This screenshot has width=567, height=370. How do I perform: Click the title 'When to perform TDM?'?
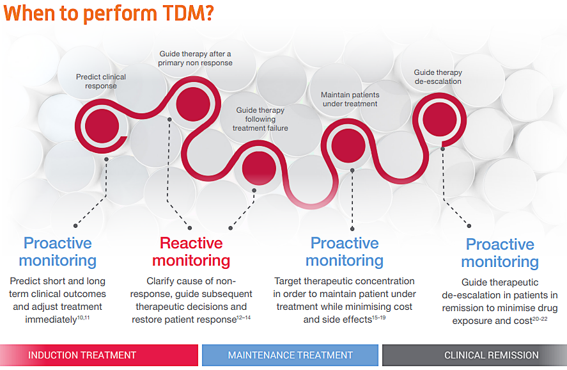[x=109, y=13]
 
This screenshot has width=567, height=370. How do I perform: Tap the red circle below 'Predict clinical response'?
[x=102, y=126]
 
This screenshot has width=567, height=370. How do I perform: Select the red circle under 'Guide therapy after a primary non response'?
[x=193, y=104]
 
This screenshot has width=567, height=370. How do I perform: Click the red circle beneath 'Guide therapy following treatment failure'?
[x=259, y=169]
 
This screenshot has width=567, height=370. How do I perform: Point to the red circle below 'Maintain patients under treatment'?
[x=348, y=146]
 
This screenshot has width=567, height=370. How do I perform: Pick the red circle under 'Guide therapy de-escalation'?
[x=440, y=120]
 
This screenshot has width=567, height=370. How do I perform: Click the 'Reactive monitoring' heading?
[x=191, y=252]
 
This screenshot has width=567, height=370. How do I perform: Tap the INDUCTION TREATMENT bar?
[x=99, y=355]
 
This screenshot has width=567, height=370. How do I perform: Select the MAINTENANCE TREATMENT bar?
[x=290, y=355]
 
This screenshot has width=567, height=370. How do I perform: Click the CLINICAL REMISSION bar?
[x=474, y=355]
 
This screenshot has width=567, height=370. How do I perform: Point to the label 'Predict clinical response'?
[x=101, y=81]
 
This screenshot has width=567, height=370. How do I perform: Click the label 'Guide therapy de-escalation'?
[x=438, y=77]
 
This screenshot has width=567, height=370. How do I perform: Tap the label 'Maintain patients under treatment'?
[x=350, y=99]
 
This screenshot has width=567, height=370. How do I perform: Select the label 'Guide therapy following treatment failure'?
[x=260, y=119]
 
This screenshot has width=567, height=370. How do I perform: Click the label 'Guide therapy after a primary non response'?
[x=195, y=58]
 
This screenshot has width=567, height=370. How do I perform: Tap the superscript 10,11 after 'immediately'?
[x=84, y=318]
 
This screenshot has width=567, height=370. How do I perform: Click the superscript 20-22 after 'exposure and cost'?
[x=540, y=319]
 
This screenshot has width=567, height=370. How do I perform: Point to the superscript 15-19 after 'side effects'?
[x=379, y=318]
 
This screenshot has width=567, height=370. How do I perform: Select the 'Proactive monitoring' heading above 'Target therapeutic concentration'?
[x=345, y=252]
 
